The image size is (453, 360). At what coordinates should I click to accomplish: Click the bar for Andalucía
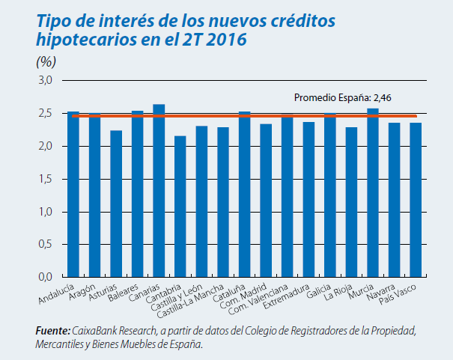[x=73, y=195]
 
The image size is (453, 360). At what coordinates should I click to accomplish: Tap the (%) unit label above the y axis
[x=46, y=61]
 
